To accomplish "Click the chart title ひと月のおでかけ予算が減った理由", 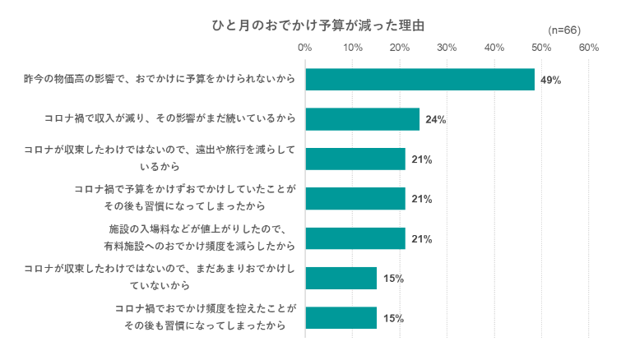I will pyautogui.click(x=318, y=25).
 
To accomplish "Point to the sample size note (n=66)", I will pyautogui.click(x=564, y=30).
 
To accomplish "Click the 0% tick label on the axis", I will pyautogui.click(x=305, y=48).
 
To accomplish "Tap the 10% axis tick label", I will pyautogui.click(x=352, y=48).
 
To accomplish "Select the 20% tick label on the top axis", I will pyautogui.click(x=400, y=48).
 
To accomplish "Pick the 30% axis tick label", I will pyautogui.click(x=447, y=48).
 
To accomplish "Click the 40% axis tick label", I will pyautogui.click(x=494, y=48).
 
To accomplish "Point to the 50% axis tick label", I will pyautogui.click(x=541, y=48).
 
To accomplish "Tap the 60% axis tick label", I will pyautogui.click(x=589, y=48).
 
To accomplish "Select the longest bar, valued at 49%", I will pyautogui.click(x=419, y=80).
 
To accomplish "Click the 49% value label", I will pyautogui.click(x=550, y=81).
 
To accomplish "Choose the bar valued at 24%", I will pyautogui.click(x=362, y=119).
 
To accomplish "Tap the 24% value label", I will pyautogui.click(x=435, y=120).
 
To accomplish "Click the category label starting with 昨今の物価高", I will pyautogui.click(x=160, y=80).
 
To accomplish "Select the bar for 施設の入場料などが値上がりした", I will pyautogui.click(x=355, y=238).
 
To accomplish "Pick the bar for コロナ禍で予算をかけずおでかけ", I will pyautogui.click(x=355, y=199).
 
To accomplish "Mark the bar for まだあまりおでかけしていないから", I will pyautogui.click(x=341, y=278).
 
